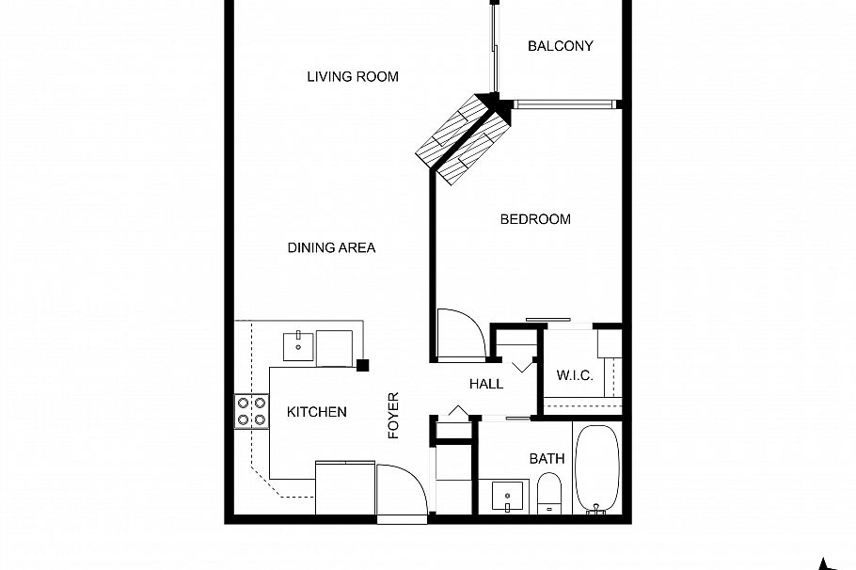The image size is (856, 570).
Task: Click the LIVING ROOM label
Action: pyautogui.click(x=353, y=77)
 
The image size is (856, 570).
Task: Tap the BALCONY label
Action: pyautogui.click(x=560, y=46)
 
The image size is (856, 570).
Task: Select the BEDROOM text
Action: pyautogui.click(x=534, y=219)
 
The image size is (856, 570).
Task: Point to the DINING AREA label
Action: pyautogui.click(x=331, y=247)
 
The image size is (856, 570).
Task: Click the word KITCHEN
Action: pyautogui.click(x=316, y=412)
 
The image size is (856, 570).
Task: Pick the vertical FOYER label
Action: pyautogui.click(x=394, y=415)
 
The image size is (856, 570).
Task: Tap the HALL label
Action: pyautogui.click(x=486, y=384)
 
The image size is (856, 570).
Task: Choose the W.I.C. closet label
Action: pyautogui.click(x=574, y=376)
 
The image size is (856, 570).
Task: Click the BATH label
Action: pyautogui.click(x=547, y=459)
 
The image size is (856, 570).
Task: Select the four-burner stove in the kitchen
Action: pyautogui.click(x=251, y=411)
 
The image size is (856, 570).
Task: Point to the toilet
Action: pyautogui.click(x=549, y=494)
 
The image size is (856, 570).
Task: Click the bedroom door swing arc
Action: pyautogui.click(x=463, y=334)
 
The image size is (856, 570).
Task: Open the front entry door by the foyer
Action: pyautogui.click(x=402, y=489)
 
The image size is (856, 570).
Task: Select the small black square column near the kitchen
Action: pyautogui.click(x=362, y=365)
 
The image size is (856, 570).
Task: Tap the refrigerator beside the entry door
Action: pyautogui.click(x=344, y=487)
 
